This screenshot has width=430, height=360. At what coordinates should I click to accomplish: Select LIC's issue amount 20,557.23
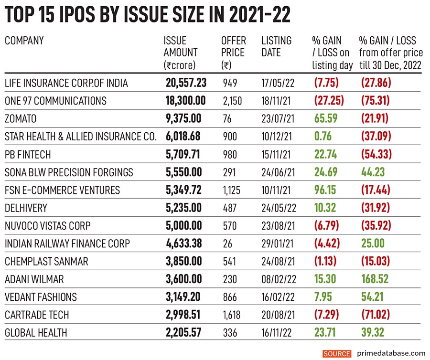click(x=186, y=83)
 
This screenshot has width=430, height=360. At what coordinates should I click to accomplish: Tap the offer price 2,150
click(x=233, y=101)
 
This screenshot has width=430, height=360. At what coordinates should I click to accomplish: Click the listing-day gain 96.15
click(x=325, y=191)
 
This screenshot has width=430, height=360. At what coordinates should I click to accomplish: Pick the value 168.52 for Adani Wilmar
click(x=376, y=279)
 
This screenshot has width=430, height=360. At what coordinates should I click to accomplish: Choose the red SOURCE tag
click(x=337, y=353)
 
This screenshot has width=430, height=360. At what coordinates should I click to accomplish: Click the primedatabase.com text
click(x=391, y=353)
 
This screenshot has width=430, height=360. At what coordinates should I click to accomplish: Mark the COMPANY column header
click(x=24, y=41)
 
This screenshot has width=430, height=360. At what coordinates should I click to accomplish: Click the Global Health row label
click(x=36, y=333)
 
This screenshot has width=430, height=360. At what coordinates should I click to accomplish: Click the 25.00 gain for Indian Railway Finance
click(x=372, y=244)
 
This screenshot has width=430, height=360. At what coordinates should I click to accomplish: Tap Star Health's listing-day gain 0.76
click(x=322, y=137)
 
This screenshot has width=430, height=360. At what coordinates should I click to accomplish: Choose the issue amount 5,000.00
click(x=183, y=226)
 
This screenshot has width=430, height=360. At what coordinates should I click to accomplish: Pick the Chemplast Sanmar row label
click(x=46, y=262)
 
